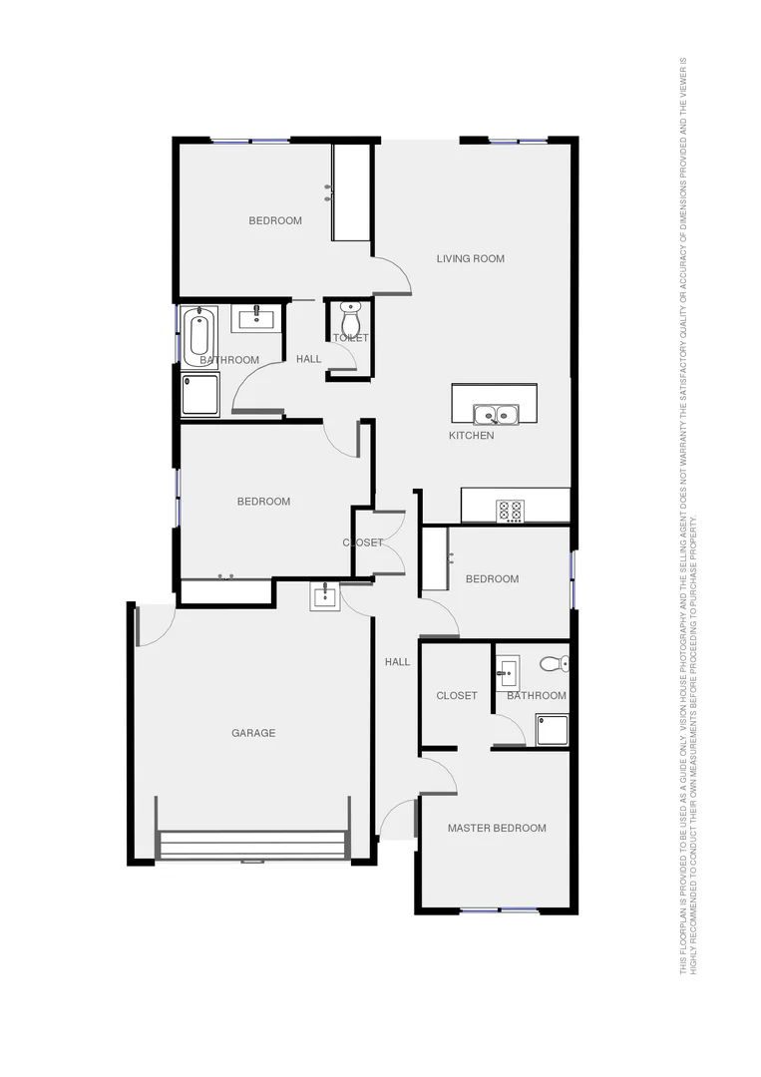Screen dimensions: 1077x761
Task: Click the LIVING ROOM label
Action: pos(470,259)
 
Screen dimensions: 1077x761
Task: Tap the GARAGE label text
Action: pos(253,733)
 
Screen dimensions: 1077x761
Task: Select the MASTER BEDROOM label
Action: pos(497,828)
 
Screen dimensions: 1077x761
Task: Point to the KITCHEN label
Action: pos(471,436)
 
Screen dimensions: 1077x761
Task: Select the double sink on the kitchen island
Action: pos(495,414)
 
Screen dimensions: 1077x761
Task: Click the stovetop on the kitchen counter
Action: pos(510,511)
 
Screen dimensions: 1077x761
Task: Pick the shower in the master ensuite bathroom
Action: pos(552,729)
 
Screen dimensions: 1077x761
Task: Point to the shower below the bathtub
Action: pos(200,394)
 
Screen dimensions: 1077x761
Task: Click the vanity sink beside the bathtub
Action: pos(257,318)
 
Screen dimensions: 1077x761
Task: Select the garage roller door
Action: pos(252,846)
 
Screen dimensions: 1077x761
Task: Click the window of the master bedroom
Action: pos(499,909)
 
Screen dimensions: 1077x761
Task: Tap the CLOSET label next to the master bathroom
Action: pos(457,696)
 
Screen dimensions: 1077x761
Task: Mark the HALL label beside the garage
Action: pos(398,662)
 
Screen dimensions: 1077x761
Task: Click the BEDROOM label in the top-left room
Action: pos(275,220)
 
